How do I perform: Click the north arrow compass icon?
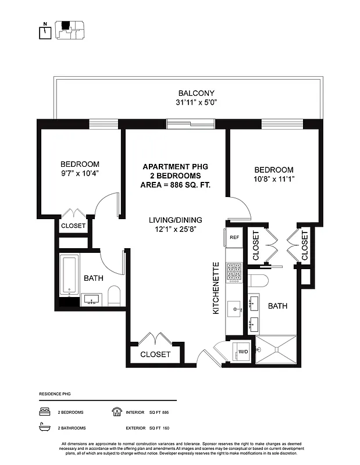(43, 31)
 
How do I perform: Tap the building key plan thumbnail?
(70, 30)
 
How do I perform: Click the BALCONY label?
(196, 93)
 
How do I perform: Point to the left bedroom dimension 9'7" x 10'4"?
(80, 174)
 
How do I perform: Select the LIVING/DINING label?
(174, 220)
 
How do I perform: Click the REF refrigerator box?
(234, 237)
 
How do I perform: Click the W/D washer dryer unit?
(241, 350)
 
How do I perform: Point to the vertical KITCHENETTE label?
(216, 288)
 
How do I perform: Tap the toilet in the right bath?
(259, 281)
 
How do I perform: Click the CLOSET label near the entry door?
(155, 354)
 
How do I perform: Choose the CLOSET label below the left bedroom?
(73, 226)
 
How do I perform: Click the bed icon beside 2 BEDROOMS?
(44, 412)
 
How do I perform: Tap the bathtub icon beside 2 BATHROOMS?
(44, 428)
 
